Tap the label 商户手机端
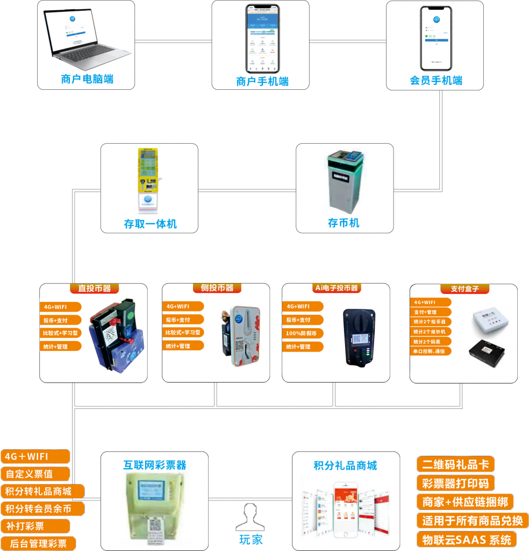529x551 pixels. tap(262, 81)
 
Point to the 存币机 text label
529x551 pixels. tap(344, 223)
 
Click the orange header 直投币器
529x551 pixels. tap(94, 288)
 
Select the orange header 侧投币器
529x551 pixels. tap(217, 288)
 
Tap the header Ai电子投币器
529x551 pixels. tap(337, 288)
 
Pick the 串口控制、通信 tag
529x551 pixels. tap(431, 351)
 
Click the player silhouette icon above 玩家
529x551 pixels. tap(250, 517)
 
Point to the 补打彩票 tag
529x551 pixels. tap(35, 526)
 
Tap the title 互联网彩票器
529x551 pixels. tap(155, 465)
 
